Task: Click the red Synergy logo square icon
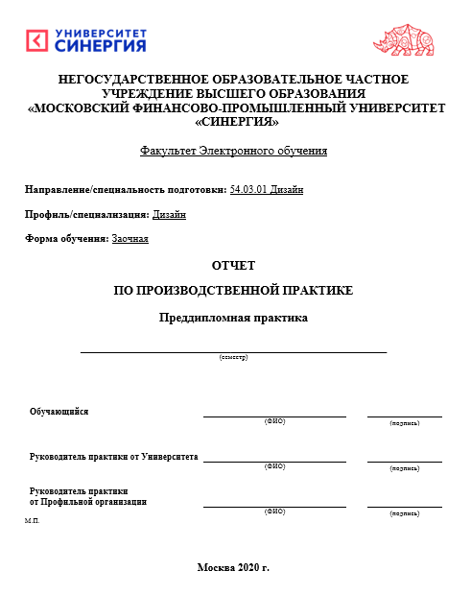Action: [36, 40]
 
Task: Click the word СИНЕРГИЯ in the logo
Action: [101, 46]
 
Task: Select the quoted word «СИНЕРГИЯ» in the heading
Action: [236, 123]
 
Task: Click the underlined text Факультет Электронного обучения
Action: [234, 151]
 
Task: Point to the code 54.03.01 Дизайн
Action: [267, 190]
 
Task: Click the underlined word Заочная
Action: [130, 238]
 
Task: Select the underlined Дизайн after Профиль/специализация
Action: [169, 214]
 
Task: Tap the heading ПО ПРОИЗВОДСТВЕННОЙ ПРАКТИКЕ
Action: [234, 290]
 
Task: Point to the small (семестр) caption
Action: [233, 357]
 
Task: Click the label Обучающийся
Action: [59, 411]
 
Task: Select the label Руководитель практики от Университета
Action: [113, 457]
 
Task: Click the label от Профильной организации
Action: [88, 501]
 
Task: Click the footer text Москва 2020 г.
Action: [233, 567]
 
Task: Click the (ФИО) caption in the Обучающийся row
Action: [274, 422]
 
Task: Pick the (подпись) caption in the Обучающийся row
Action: [404, 423]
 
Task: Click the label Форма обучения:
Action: [66, 238]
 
